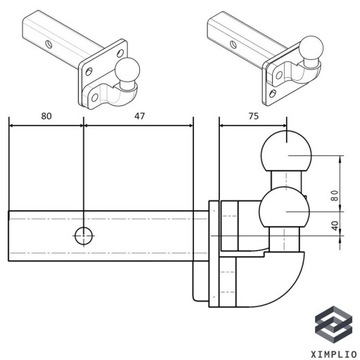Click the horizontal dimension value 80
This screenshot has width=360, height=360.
[45, 115]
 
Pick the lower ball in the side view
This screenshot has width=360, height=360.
[282, 213]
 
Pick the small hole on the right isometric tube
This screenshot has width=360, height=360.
[231, 45]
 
